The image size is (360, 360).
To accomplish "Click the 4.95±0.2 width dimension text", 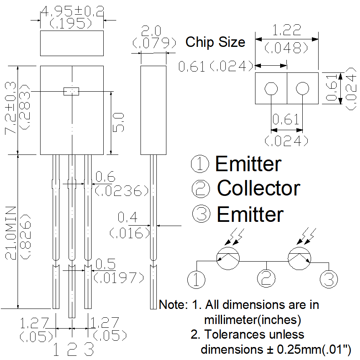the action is click(72, 11).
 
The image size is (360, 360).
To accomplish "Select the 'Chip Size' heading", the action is click(215, 42).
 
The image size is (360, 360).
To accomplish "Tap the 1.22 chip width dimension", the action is click(286, 30).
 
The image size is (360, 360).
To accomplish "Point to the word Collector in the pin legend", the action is click(258, 188).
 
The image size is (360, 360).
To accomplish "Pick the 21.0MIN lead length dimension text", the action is click(10, 233).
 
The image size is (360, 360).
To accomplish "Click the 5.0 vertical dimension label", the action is click(118, 122).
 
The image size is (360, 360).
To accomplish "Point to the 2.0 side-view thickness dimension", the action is click(151, 31).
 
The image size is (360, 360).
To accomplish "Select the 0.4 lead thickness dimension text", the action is click(128, 217).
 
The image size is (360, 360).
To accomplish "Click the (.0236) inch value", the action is click(122, 191).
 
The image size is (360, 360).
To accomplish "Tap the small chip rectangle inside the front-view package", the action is click(71, 91).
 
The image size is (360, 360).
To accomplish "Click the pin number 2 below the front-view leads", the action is click(72, 349).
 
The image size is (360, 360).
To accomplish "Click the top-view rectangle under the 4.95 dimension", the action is click(72, 43).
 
